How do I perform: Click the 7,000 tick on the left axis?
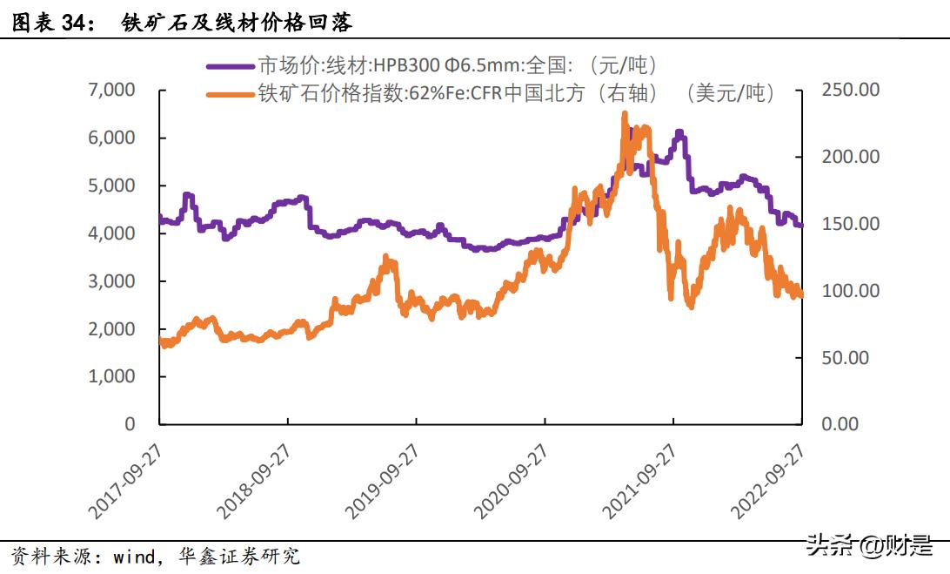pyautogui.click(x=111, y=90)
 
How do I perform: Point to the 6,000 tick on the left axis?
pyautogui.click(x=111, y=138)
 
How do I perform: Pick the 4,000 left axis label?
pyautogui.click(x=111, y=233)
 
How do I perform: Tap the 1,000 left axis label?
pyautogui.click(x=111, y=377)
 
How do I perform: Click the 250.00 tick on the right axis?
pyautogui.click(x=850, y=90)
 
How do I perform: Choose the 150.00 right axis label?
pyautogui.click(x=850, y=224)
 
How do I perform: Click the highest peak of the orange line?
pyautogui.click(x=625, y=114)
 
